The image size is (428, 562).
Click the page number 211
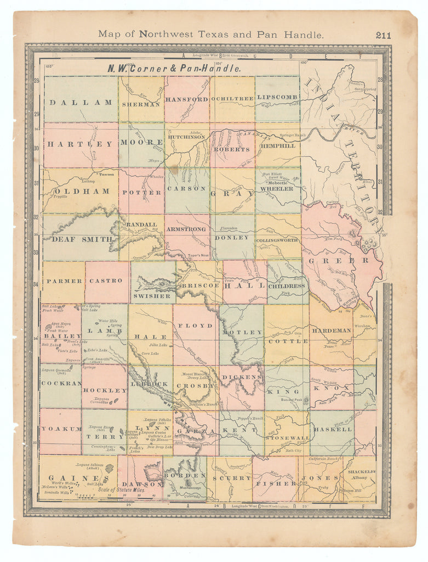[383, 35]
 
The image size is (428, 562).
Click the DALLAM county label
[81, 102]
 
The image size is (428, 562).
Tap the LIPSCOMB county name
[277, 97]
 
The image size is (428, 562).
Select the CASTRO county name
[106, 280]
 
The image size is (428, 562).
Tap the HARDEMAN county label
[331, 330]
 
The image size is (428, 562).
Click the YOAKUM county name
[60, 429]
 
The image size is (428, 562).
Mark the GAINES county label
[71, 478]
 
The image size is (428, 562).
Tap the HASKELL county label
[332, 429]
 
